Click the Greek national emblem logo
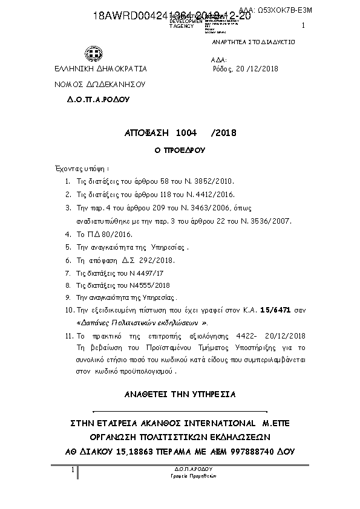coord(94,56)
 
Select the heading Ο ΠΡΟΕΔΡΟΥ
coord(179,149)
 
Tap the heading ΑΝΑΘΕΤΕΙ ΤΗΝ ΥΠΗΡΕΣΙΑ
coord(180,394)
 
